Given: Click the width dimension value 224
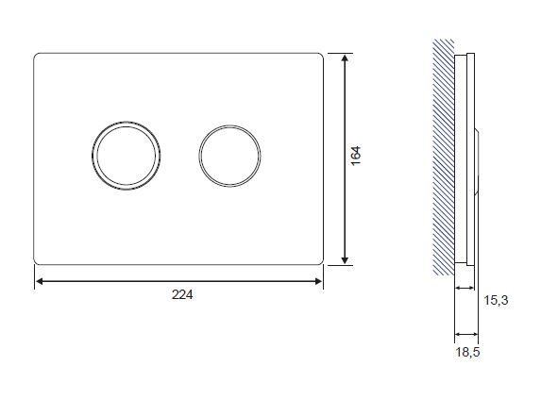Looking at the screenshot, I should click(x=182, y=294).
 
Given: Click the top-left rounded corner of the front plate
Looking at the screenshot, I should click(x=38, y=56).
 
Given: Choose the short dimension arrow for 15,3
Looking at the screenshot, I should click(x=465, y=287).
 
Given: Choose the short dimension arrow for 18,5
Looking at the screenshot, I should click(x=467, y=333).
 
